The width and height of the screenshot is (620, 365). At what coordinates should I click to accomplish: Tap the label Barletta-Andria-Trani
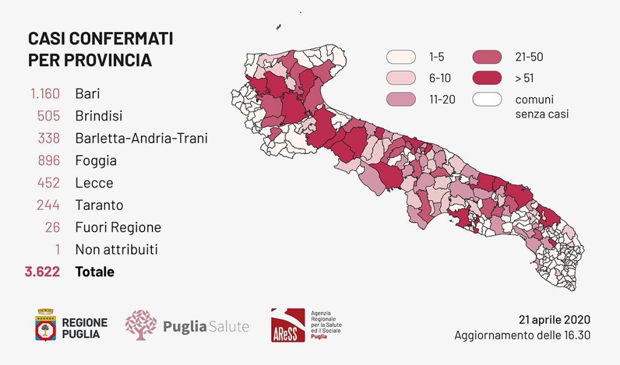[141, 138]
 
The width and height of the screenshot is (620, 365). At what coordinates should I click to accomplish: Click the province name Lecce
[94, 182]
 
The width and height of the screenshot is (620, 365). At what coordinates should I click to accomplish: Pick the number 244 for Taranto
[48, 205]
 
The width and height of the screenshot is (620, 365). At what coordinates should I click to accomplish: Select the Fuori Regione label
[118, 227]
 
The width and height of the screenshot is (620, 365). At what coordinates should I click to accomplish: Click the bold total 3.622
[42, 272]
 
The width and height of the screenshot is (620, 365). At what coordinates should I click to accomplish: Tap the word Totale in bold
[94, 272]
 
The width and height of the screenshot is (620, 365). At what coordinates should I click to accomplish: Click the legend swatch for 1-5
[401, 58]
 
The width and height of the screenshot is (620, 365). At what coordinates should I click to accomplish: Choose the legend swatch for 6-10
[401, 78]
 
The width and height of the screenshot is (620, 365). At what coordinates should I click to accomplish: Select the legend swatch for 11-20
[401, 99]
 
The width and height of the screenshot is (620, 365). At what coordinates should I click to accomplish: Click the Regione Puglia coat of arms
[45, 326]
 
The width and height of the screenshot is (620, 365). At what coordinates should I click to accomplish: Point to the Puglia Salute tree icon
[140, 325]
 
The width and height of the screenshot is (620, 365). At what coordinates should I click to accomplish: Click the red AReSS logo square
[288, 326]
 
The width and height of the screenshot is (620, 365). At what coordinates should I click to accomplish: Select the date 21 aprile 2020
[554, 320]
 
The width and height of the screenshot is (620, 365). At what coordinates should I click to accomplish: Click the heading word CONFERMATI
[129, 38]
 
